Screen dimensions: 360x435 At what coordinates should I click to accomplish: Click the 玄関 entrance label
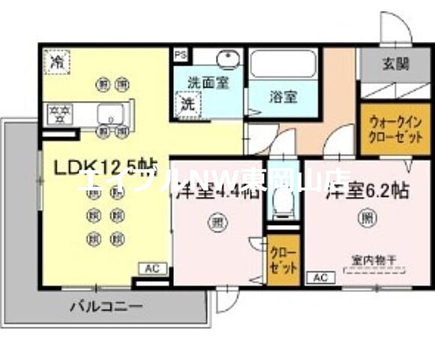pyautogui.click(x=393, y=64)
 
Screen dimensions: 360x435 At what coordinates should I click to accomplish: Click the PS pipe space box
pyautogui.click(x=180, y=55)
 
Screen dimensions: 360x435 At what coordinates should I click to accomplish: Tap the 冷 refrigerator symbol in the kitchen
pyautogui.click(x=55, y=61)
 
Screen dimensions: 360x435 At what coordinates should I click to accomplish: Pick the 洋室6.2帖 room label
pyautogui.click(x=367, y=190)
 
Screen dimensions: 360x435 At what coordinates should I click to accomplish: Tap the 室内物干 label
pyautogui.click(x=373, y=260)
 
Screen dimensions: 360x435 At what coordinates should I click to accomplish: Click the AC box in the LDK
pyautogui.click(x=151, y=268)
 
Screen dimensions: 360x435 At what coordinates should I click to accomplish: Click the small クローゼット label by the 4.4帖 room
pyautogui.click(x=283, y=259)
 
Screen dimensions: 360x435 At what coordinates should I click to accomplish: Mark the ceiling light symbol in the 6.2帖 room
pyautogui.click(x=367, y=220)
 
